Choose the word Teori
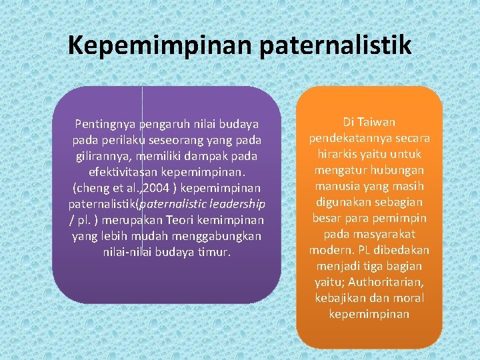point(193,220)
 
